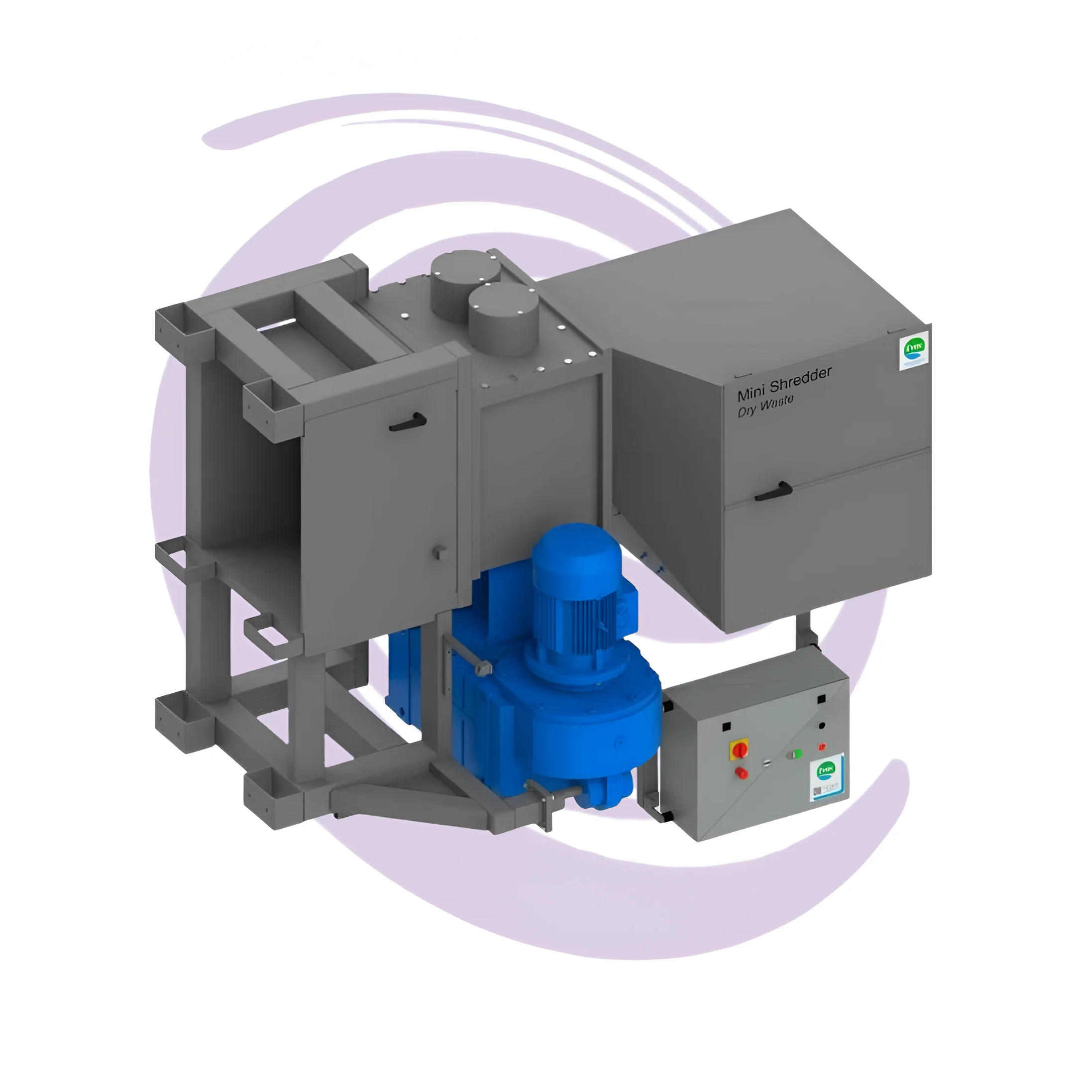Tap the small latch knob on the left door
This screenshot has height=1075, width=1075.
[x=439, y=552]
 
